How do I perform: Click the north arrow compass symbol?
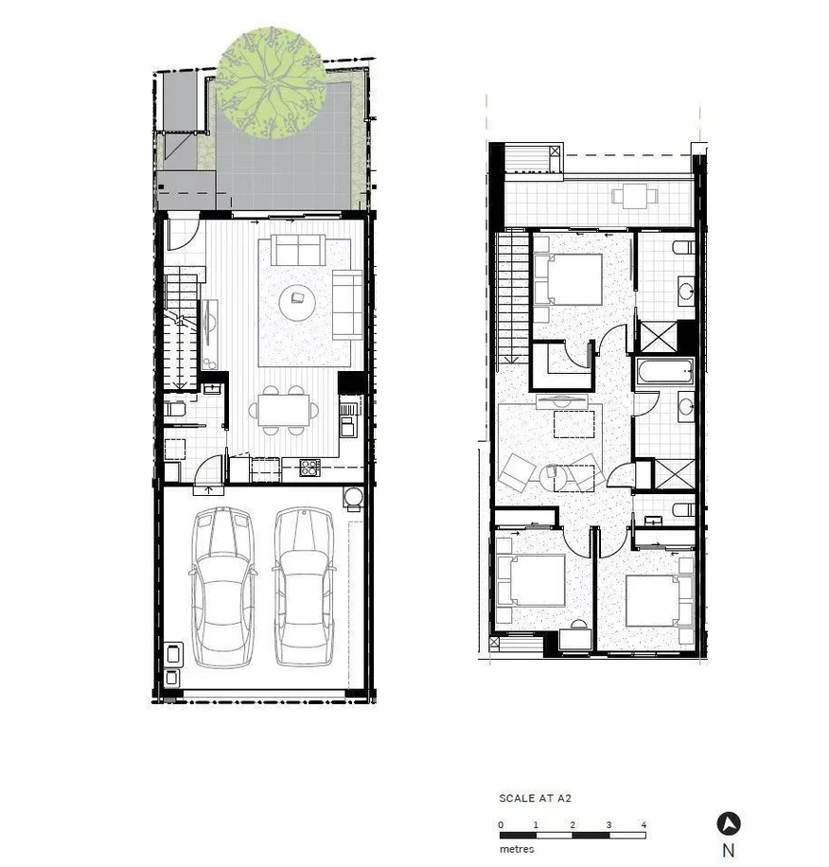pyautogui.click(x=728, y=823)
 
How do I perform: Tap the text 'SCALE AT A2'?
pyautogui.click(x=535, y=799)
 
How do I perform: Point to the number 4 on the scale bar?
pyautogui.click(x=644, y=825)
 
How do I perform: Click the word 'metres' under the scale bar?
pyautogui.click(x=517, y=849)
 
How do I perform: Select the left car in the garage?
pyautogui.click(x=222, y=586)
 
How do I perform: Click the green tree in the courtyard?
pyautogui.click(x=272, y=82)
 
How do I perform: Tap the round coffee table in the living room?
pyautogui.click(x=299, y=300)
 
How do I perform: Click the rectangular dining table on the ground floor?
pyautogui.click(x=284, y=410)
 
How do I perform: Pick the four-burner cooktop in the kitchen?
pyautogui.click(x=309, y=467)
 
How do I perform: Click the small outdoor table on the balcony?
pyautogui.click(x=629, y=197)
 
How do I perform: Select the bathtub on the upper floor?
pyautogui.click(x=665, y=372)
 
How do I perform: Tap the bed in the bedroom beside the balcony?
pyautogui.click(x=567, y=279)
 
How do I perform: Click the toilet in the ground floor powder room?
pyautogui.click(x=176, y=410)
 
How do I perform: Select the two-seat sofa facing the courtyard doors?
pyautogui.click(x=298, y=251)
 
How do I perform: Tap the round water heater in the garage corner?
pyautogui.click(x=354, y=498)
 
